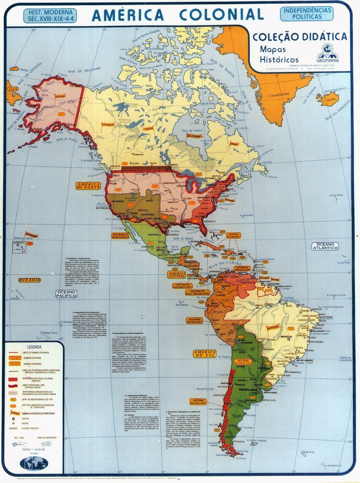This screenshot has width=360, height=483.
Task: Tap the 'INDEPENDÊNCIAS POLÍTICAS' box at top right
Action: [307, 14]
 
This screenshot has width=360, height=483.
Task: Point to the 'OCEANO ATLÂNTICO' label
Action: [325, 246]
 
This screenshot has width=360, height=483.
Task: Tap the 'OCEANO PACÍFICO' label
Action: [66, 294]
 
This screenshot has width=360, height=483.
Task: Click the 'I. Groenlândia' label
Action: [278, 95]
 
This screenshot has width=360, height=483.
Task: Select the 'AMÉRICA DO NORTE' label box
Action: [88, 186]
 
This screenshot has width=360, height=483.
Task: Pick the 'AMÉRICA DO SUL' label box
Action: [205, 353]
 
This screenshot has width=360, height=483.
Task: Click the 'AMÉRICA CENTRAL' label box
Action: [177, 274]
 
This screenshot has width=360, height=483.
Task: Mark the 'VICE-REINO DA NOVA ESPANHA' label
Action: [121, 236]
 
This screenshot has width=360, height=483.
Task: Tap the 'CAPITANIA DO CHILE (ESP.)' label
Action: [198, 401]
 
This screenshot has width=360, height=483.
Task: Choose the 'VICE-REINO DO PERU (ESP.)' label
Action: [195, 320]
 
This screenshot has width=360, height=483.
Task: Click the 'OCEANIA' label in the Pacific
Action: [30, 280]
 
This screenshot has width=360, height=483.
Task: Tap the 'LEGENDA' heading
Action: [34, 347]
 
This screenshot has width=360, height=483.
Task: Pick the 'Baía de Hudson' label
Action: [192, 130]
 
